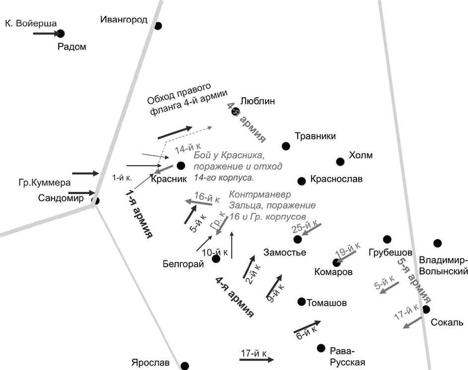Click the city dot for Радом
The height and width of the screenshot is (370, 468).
click(x=61, y=34)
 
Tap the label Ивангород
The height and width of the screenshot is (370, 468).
click(x=124, y=20)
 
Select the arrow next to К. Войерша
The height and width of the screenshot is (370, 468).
click(x=46, y=33)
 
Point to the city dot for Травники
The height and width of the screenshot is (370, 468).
click(x=286, y=146)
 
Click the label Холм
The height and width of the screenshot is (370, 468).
click(x=361, y=155)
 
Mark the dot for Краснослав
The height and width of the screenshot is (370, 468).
click(x=301, y=181)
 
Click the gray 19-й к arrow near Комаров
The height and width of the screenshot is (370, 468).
click(x=346, y=256)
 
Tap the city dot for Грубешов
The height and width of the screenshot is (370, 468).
click(x=387, y=240)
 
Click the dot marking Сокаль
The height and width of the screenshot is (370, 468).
click(x=426, y=309)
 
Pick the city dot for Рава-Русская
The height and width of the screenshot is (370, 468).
click(x=321, y=348)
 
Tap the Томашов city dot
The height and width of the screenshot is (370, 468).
click(x=301, y=302)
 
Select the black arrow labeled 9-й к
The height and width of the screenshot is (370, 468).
click(x=274, y=285)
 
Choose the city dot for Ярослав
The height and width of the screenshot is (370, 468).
click(x=184, y=366)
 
